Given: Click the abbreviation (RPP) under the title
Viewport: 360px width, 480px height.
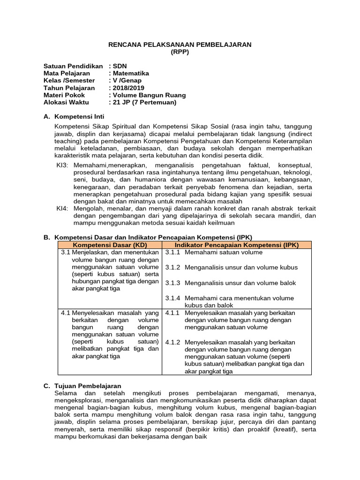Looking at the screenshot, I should (x=180, y=52).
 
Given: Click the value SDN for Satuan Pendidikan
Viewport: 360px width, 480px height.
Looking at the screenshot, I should (x=120, y=66).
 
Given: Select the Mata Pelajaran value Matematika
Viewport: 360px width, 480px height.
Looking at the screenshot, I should (x=131, y=73).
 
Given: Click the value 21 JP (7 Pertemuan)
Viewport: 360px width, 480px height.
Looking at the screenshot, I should (x=144, y=102).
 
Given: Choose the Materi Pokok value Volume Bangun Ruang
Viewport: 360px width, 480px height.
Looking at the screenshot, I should (x=149, y=95).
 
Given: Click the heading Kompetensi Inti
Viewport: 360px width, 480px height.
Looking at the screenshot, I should (x=80, y=116).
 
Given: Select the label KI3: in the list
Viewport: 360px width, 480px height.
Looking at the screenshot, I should (x=62, y=165).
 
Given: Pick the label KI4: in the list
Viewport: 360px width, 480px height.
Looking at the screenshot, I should (x=62, y=209).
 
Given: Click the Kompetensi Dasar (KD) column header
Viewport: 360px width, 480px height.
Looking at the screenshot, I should (x=110, y=245).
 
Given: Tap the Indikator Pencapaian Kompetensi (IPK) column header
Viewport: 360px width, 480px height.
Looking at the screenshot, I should (x=237, y=245).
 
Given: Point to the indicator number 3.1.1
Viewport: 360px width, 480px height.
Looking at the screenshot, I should (x=173, y=252).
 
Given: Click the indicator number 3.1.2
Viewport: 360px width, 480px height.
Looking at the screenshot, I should (x=173, y=267).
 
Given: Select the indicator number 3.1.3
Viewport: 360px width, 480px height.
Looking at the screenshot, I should (x=173, y=283).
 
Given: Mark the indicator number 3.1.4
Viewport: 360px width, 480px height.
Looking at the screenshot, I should (x=173, y=298).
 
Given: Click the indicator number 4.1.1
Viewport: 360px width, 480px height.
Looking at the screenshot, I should (x=173, y=313).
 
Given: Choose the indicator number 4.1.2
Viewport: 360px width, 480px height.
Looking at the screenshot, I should (x=173, y=342).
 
